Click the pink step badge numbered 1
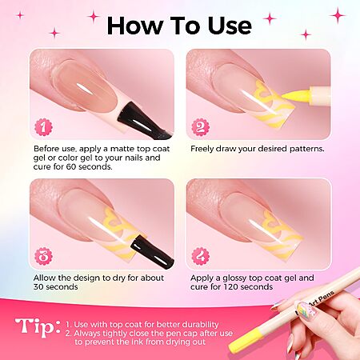coord(43,127)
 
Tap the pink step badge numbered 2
coord(201,127)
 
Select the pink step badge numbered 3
coord(43,256)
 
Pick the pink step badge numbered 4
coord(201,256)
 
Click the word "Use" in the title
coord(230,26)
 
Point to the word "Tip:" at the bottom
coord(38,327)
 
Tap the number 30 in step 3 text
coord(38,287)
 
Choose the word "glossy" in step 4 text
coord(235,278)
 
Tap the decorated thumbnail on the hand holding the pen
coord(306,309)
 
